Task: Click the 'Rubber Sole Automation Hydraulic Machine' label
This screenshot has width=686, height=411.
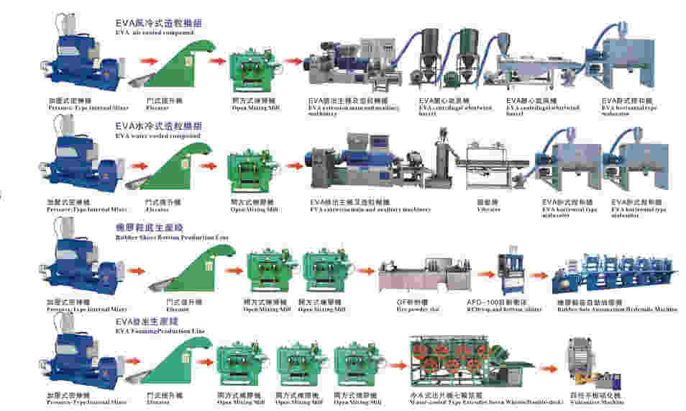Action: (x=617, y=309)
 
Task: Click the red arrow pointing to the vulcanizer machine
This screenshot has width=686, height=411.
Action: (x=549, y=367)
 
